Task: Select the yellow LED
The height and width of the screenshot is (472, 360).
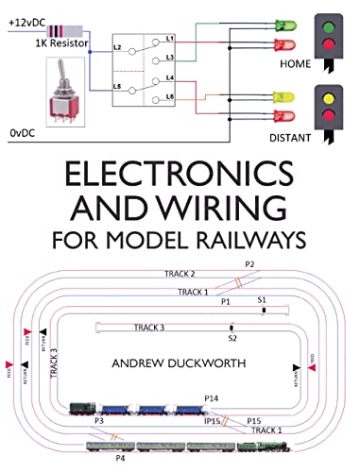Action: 281,97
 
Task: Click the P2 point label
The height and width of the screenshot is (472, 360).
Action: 249,264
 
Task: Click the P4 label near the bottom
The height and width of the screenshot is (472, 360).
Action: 118,458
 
